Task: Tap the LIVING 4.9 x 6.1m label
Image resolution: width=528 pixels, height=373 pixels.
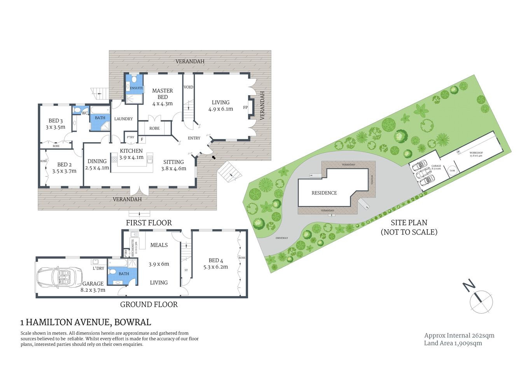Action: pyautogui.click(x=220, y=106)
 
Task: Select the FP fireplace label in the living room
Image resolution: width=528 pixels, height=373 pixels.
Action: pyautogui.click(x=245, y=107)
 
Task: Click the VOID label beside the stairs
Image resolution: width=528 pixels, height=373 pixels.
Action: pyautogui.click(x=188, y=87)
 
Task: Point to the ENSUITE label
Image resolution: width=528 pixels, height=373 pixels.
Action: pyautogui.click(x=136, y=88)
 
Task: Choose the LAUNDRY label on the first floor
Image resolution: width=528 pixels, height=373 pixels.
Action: pyautogui.click(x=123, y=119)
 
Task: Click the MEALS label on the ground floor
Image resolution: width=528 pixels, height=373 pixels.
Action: pyautogui.click(x=159, y=245)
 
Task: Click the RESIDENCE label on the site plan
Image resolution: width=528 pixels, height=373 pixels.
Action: pyautogui.click(x=324, y=193)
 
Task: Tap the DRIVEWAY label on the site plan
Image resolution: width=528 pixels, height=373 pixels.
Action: pyautogui.click(x=281, y=238)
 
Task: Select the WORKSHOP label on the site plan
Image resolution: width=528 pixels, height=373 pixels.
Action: pyautogui.click(x=476, y=154)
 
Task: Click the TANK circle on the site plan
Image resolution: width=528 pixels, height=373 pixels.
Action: pyautogui.click(x=452, y=171)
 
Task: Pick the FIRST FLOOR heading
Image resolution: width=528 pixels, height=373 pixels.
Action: pyautogui.click(x=149, y=223)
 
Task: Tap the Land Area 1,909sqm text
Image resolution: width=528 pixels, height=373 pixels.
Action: pyautogui.click(x=453, y=343)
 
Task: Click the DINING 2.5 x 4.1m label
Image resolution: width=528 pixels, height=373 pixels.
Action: pyautogui.click(x=97, y=164)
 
